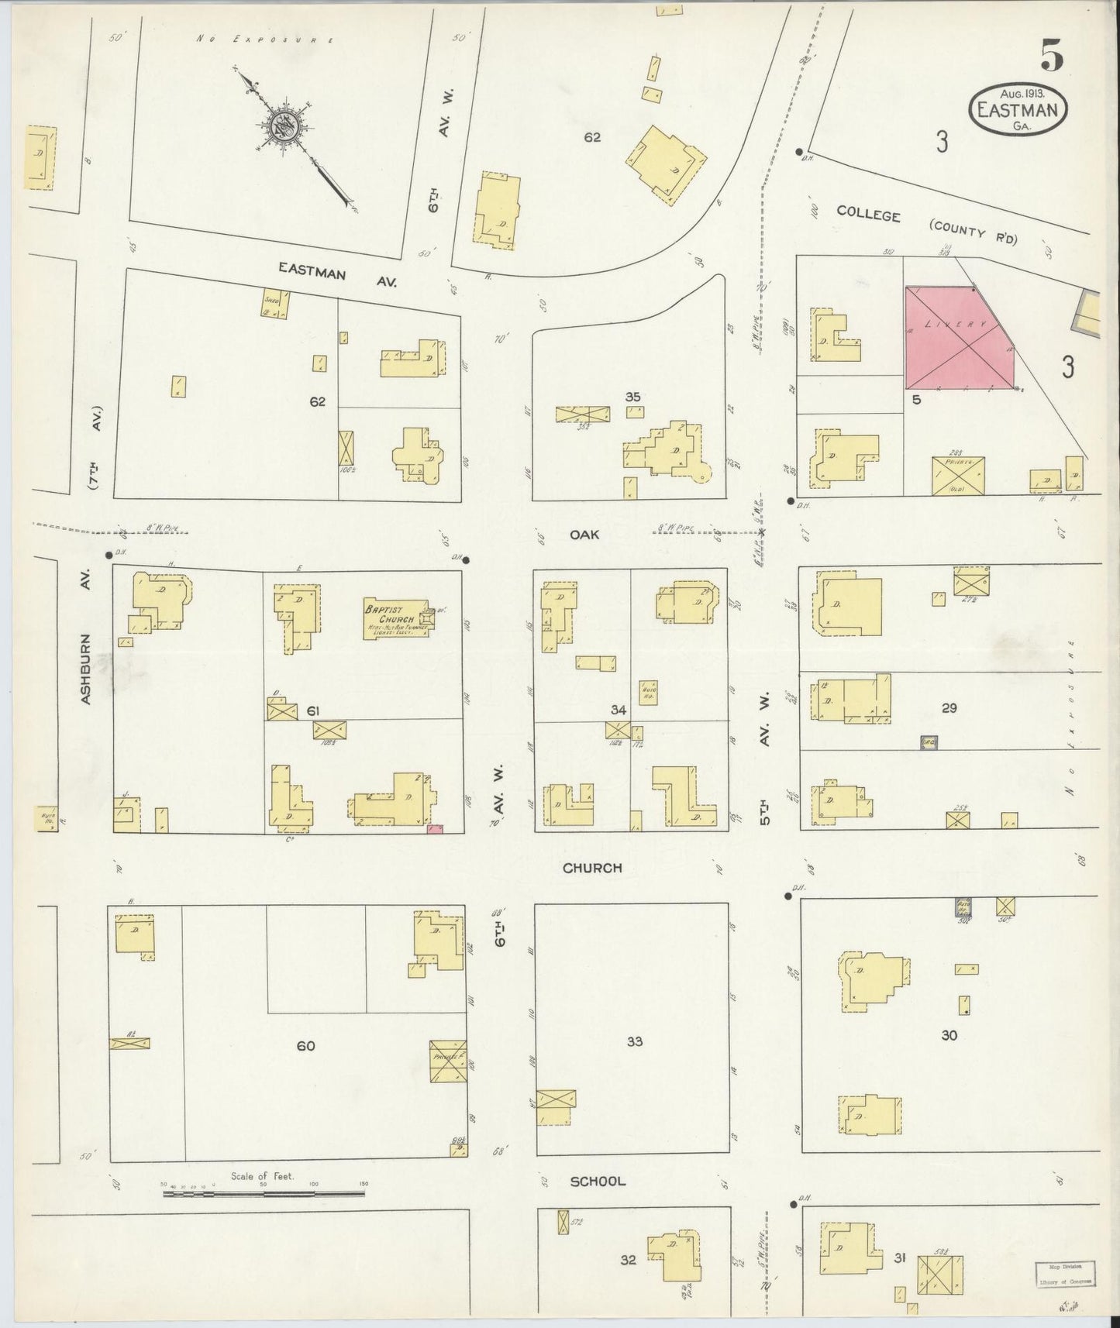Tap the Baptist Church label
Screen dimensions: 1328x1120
tap(395, 614)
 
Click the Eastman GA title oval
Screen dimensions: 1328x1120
tap(1017, 111)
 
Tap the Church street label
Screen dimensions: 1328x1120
tap(592, 868)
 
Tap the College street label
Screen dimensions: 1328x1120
tap(868, 215)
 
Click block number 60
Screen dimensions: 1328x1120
tap(305, 1046)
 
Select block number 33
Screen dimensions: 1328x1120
tap(635, 1041)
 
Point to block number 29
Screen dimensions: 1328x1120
tap(949, 707)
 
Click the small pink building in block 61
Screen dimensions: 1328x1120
tap(435, 830)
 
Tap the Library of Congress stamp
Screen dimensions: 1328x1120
tap(1066, 1274)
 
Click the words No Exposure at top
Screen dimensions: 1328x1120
tap(264, 39)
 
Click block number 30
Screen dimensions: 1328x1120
tap(949, 1035)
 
